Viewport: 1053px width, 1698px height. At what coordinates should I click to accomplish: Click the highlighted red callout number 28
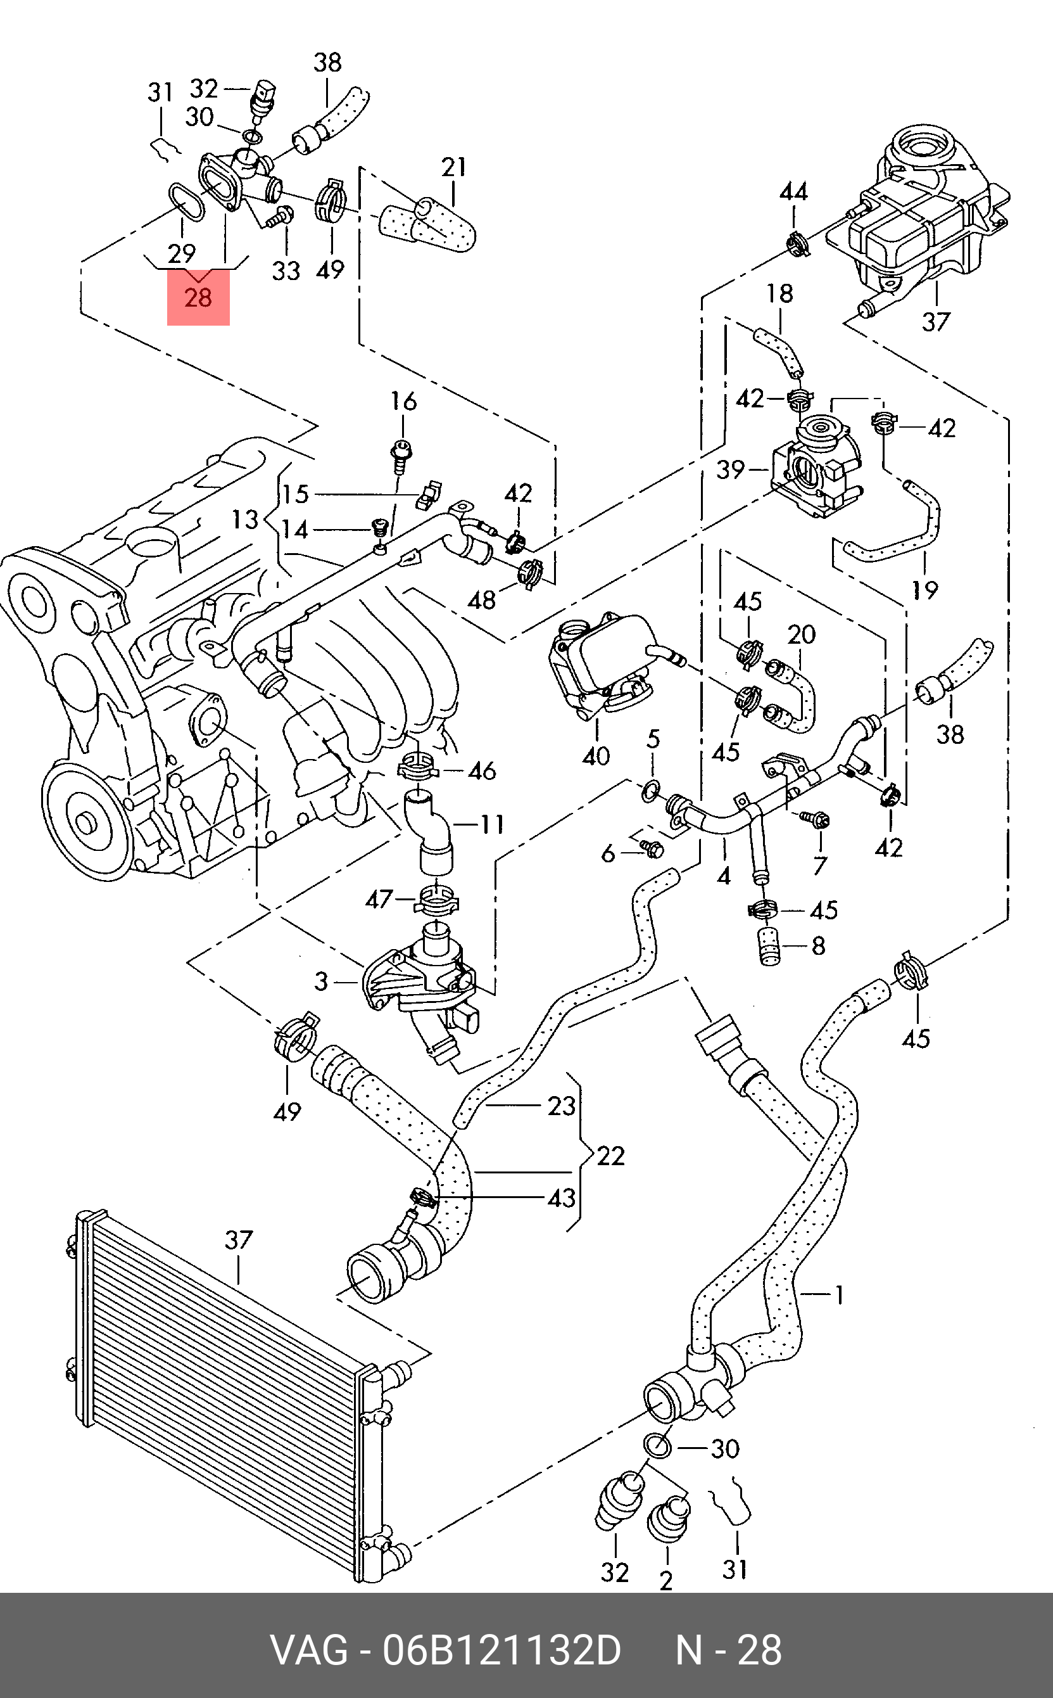point(198,298)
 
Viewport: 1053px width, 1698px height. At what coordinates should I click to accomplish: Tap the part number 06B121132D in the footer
point(501,1651)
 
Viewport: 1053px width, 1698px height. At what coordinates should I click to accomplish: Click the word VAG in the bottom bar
point(308,1651)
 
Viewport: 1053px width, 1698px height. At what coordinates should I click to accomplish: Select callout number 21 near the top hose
point(454,167)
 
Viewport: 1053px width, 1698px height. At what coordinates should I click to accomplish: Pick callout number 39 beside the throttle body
point(731,469)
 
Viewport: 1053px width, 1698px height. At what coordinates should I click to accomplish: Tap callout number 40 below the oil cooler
point(595,756)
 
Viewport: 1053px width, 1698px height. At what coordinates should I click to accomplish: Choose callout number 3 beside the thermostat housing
point(320,981)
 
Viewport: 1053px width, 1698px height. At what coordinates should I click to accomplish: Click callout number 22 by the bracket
point(611,1156)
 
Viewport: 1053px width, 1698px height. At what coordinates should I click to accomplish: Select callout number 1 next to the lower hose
point(839,1295)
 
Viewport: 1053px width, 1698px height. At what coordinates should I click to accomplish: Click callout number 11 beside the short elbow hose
point(492,824)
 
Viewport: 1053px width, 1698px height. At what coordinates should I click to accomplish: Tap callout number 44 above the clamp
point(793,191)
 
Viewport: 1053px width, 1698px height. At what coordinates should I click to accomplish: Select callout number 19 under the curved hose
point(925,591)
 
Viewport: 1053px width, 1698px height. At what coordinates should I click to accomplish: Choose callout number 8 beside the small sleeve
point(817,945)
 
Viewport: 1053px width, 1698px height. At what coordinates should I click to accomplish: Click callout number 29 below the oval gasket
point(182,253)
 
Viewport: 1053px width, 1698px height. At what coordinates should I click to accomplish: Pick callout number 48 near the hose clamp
point(482,599)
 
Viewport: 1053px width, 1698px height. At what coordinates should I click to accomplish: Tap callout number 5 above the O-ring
point(653,739)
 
